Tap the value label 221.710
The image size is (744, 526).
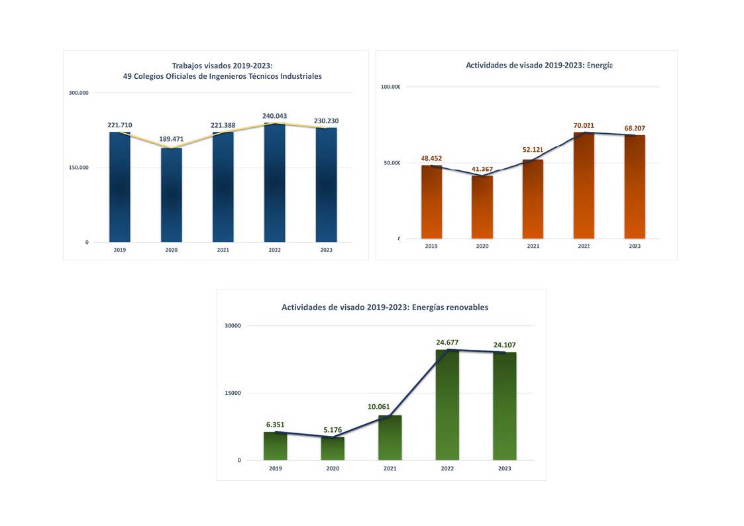click(120, 125)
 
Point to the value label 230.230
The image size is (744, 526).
click(326, 121)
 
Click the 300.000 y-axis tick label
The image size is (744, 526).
click(79, 93)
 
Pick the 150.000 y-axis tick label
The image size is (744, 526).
click(79, 168)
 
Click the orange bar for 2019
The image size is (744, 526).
click(431, 201)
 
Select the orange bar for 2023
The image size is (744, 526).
click(634, 187)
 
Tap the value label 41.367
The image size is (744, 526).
click(482, 170)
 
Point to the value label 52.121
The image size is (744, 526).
click(533, 150)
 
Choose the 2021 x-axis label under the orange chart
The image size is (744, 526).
click(533, 246)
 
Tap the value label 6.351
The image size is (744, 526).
click(275, 424)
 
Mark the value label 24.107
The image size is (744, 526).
click(504, 344)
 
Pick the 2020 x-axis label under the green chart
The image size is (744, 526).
click(333, 468)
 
